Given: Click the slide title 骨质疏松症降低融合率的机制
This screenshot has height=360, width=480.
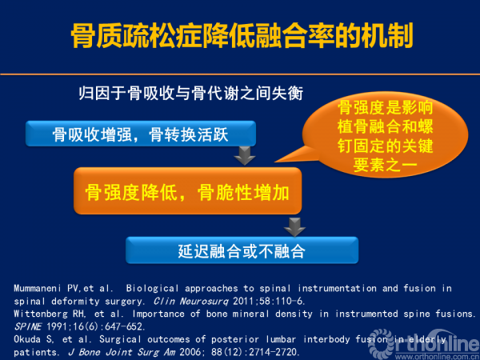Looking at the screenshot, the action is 242,35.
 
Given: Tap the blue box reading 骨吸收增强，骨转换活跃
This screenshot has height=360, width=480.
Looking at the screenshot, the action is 141,134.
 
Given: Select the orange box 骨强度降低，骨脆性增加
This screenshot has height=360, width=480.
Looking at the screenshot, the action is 188,190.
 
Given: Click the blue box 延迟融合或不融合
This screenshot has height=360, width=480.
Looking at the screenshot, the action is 242,250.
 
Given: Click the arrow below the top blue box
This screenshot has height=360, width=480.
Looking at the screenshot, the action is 245,155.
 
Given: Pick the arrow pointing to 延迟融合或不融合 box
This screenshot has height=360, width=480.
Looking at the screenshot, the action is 294,227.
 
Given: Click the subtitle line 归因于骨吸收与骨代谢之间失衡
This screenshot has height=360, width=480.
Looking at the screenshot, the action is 190,93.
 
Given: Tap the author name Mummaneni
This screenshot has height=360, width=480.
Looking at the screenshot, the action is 38,288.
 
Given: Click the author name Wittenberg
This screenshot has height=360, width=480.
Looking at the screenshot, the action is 41,314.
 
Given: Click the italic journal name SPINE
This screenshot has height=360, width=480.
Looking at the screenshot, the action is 27,326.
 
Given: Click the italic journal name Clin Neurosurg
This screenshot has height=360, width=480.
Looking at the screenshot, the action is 191,302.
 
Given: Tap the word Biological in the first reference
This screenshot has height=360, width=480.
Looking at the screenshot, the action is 152,288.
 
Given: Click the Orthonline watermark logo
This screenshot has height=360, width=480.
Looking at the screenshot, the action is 424,344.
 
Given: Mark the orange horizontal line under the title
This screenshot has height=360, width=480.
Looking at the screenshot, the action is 240,74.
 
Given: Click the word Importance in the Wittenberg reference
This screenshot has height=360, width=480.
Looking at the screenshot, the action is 158,314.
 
